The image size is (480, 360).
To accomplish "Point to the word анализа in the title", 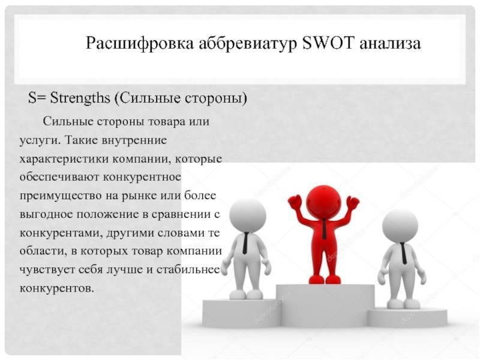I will pyautogui.click(x=390, y=44).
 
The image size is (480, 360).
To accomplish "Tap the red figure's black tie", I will pyautogui.click(x=323, y=229).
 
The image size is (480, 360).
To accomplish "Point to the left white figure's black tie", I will pyautogui.click(x=245, y=243).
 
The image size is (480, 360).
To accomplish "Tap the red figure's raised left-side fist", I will pyautogui.click(x=294, y=202).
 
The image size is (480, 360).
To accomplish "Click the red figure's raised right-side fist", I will pyautogui.click(x=353, y=202).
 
